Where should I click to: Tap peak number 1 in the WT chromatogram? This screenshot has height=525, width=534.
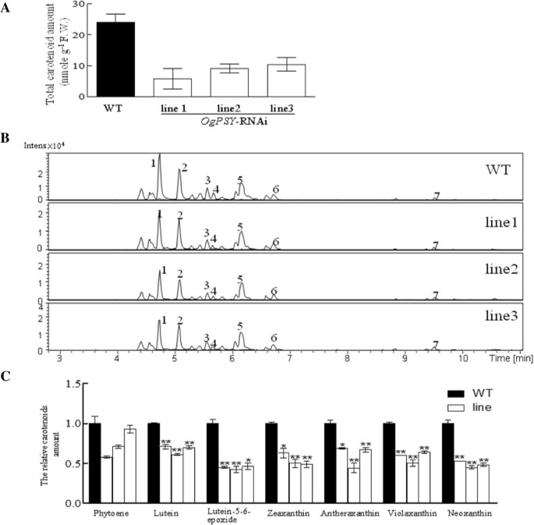click(154, 162)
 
